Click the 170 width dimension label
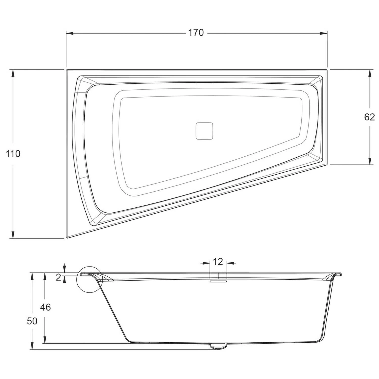click(196, 33)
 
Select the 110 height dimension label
click(13, 154)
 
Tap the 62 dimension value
click(369, 117)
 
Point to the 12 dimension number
click(218, 262)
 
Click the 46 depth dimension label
click(45, 307)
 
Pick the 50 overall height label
click(32, 321)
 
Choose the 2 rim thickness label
click(58, 278)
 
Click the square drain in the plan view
click(204, 131)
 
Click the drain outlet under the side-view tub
click(218, 346)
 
